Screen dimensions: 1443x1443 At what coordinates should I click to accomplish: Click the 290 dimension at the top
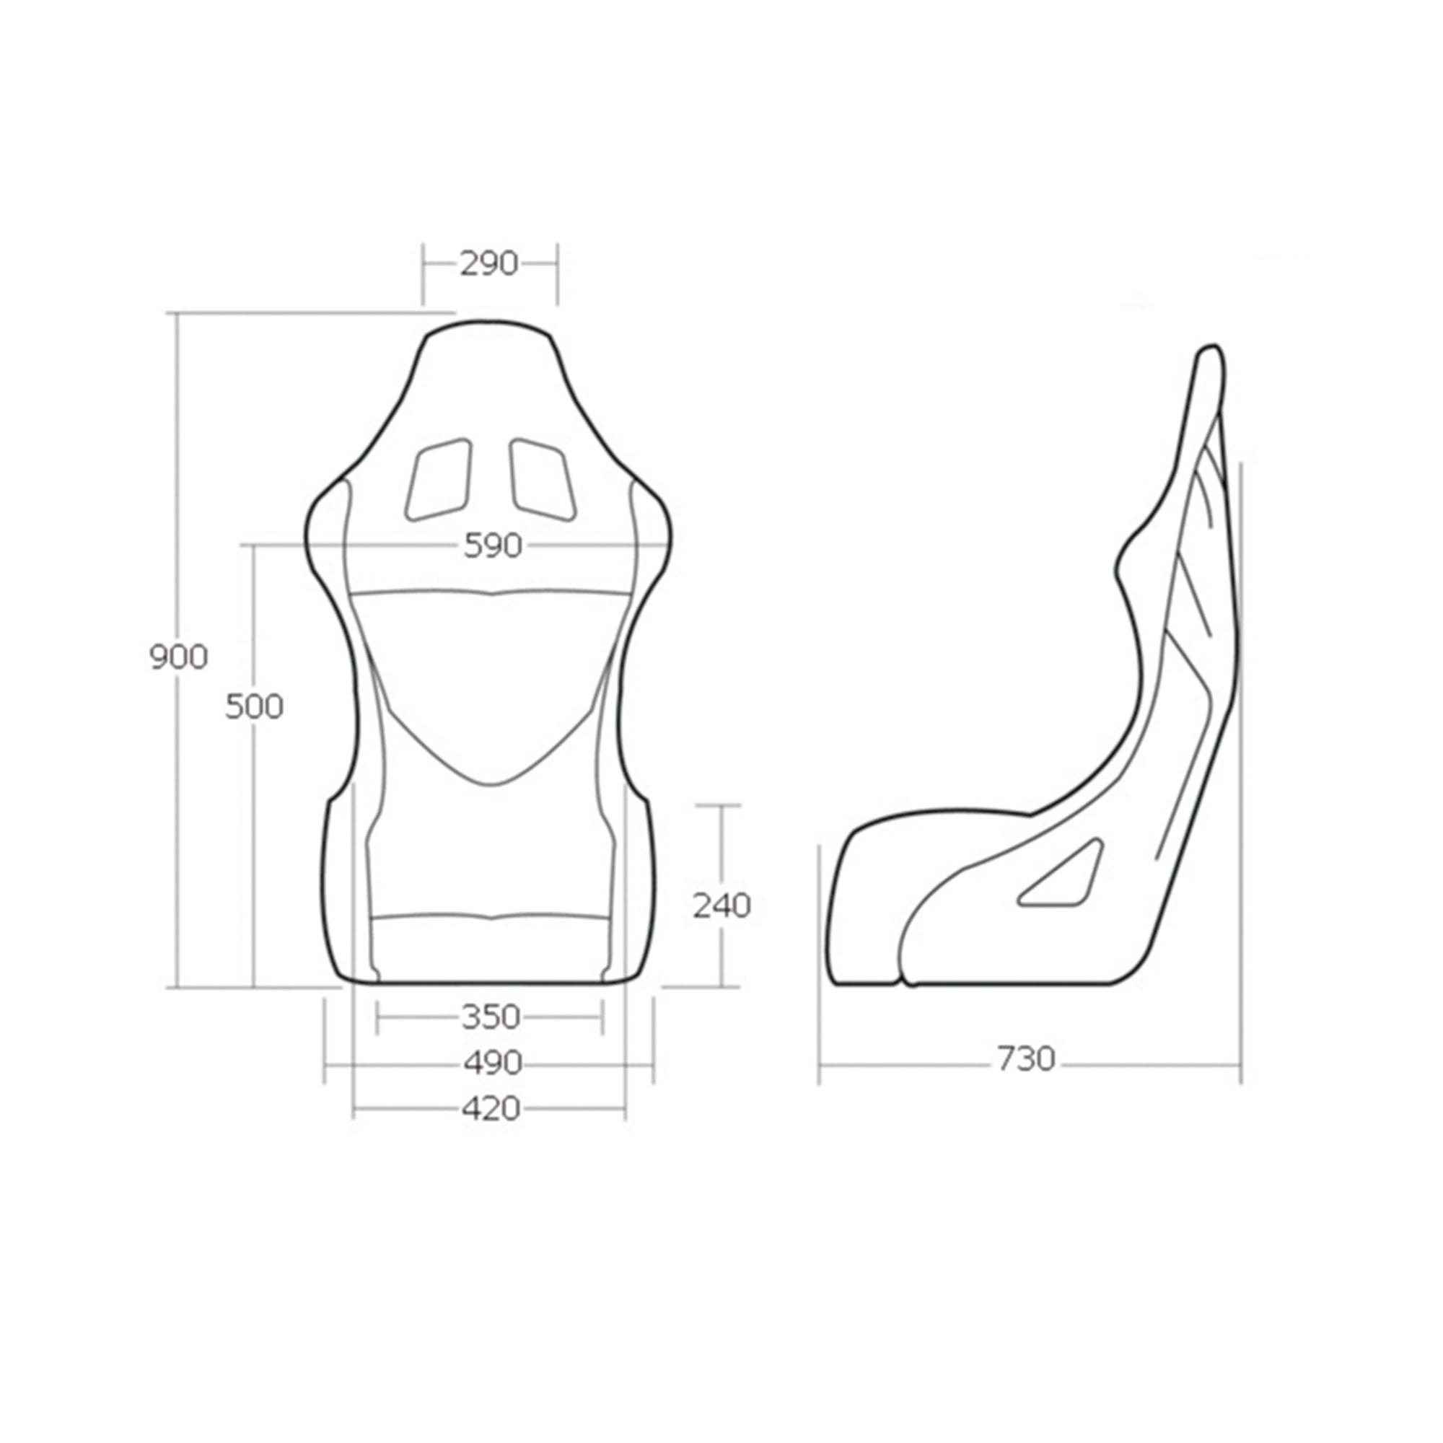(x=488, y=263)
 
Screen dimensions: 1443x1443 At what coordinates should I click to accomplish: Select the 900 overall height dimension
(x=178, y=657)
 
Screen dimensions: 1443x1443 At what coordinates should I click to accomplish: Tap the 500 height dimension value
(x=254, y=706)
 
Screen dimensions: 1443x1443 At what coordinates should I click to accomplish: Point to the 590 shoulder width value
(x=492, y=546)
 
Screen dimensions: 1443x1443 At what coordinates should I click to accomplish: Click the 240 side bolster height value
(x=721, y=906)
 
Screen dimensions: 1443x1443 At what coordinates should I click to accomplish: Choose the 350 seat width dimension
(x=490, y=1017)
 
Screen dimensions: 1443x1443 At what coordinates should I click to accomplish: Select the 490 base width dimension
(x=491, y=1063)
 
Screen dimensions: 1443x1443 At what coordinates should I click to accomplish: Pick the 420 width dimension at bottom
(x=490, y=1108)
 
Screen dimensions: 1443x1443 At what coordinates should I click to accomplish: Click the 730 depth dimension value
(x=1025, y=1058)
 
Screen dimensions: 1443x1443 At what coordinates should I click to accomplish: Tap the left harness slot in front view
(x=439, y=479)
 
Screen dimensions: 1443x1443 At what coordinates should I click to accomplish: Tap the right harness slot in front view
(x=543, y=479)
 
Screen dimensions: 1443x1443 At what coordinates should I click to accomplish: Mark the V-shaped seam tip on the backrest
(x=491, y=784)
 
